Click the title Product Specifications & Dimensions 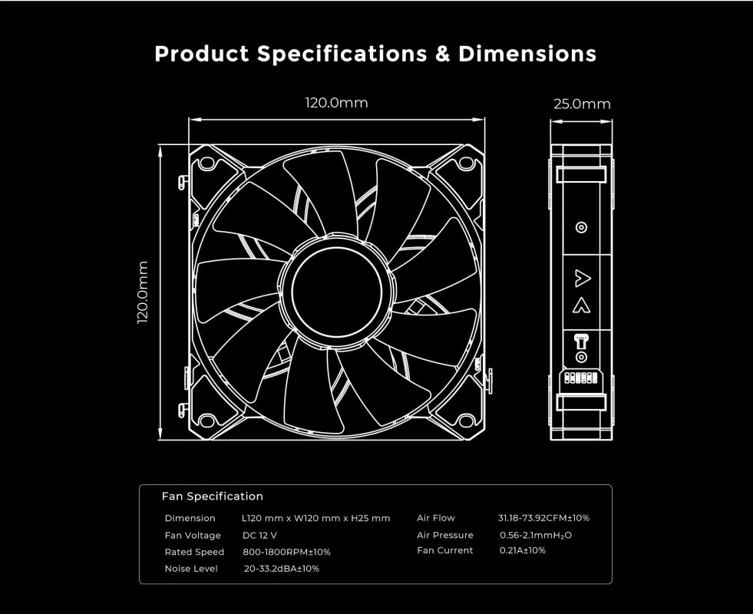(375, 54)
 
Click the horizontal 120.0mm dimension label (337, 103)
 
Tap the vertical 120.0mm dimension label (143, 292)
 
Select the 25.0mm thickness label (582, 104)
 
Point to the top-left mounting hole (208, 163)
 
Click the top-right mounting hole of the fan (465, 163)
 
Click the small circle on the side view (581, 227)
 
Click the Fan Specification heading (213, 497)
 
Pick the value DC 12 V (259, 535)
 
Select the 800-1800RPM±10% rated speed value (286, 552)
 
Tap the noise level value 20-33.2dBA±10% (281, 569)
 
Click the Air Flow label (435, 518)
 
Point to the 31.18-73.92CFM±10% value (543, 518)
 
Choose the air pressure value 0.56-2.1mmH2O (536, 535)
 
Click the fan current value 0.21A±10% (522, 550)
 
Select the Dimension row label (190, 518)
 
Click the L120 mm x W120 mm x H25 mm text (315, 518)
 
